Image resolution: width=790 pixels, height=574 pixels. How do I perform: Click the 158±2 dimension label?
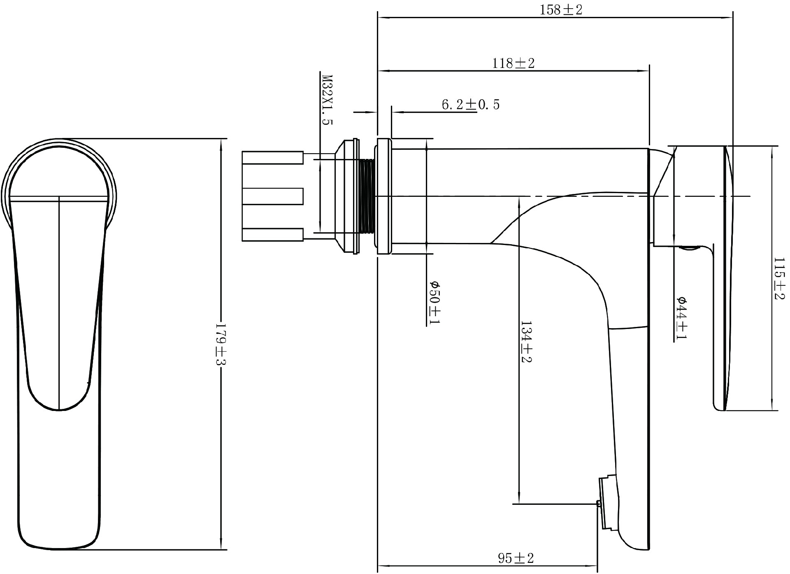[x=561, y=10]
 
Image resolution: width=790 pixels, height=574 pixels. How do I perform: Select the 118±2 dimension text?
[x=513, y=63]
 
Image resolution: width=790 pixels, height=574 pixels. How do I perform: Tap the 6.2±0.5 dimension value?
[x=471, y=105]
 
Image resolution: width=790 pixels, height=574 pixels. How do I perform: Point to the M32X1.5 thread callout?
[x=327, y=100]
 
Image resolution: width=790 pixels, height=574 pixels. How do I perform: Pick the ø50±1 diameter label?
[x=434, y=303]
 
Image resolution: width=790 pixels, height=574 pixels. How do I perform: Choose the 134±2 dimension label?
[x=526, y=342]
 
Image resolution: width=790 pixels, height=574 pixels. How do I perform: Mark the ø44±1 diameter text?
[x=681, y=318]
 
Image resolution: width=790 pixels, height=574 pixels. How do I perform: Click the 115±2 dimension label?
[x=779, y=279]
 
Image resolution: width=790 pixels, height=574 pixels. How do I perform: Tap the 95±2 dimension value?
[x=516, y=558]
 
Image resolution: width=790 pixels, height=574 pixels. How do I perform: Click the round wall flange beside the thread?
[x=383, y=196]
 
